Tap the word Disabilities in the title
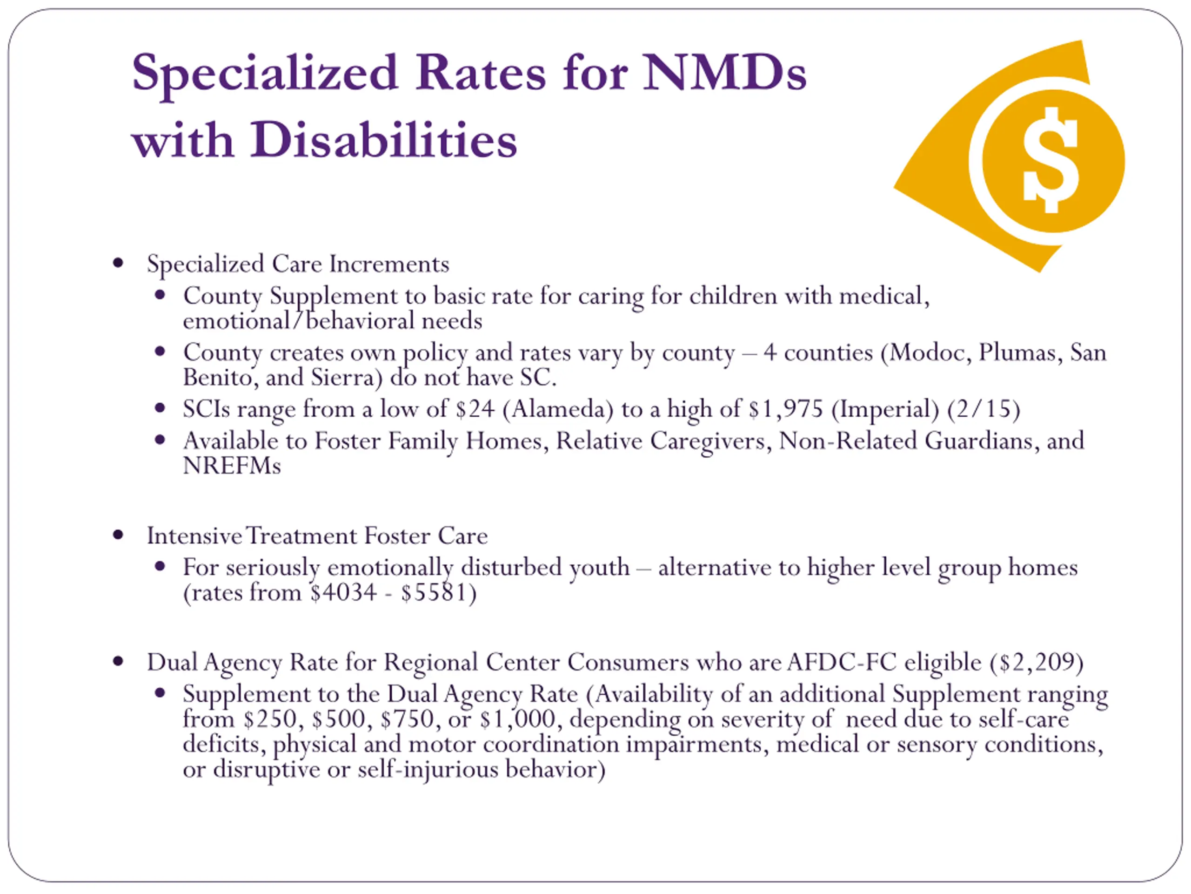tap(383, 140)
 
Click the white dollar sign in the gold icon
tap(1050, 160)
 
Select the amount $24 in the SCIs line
tap(475, 409)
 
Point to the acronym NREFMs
tap(232, 466)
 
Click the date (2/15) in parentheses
tap(983, 409)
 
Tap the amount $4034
tap(343, 593)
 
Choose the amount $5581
tap(434, 593)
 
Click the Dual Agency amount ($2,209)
tap(1037, 662)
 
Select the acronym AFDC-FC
tap(842, 662)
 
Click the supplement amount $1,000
tap(517, 719)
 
